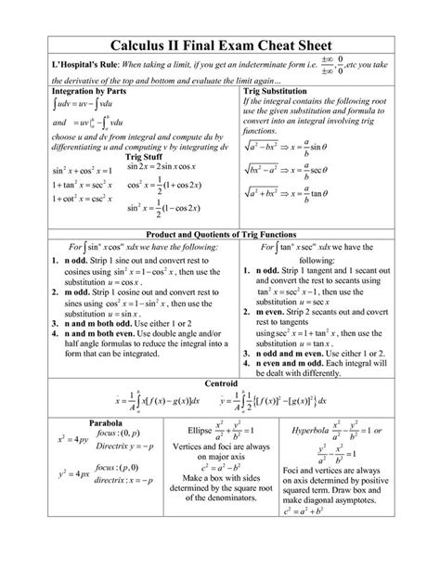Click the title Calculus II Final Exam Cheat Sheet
pyautogui.click(x=220, y=45)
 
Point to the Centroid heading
pyautogui.click(x=219, y=382)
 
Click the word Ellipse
pyautogui.click(x=201, y=433)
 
